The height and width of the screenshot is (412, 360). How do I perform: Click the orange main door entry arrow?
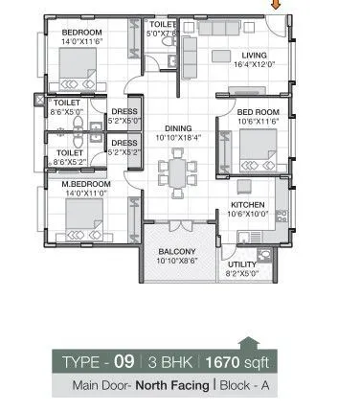pos(277,5)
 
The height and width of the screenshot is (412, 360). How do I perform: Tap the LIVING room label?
pos(253,56)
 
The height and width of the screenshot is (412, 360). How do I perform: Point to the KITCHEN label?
pos(247,206)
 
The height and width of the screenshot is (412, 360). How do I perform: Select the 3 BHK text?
pos(173,363)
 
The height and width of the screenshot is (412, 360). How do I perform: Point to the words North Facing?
pos(158,387)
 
